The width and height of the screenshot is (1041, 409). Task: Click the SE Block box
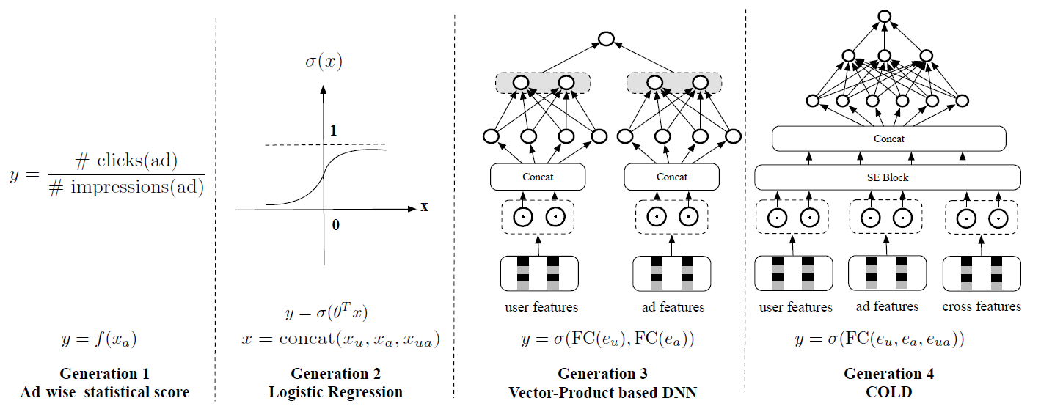tap(888, 177)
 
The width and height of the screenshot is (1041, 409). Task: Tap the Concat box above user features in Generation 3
tap(538, 177)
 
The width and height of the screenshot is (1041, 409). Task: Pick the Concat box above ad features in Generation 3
tap(672, 177)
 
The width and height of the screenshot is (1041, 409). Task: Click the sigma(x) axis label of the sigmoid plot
tap(324, 62)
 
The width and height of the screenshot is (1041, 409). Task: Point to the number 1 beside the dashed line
tap(335, 131)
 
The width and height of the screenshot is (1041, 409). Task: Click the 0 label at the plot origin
tap(336, 224)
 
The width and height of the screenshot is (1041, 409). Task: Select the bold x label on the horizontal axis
tap(424, 207)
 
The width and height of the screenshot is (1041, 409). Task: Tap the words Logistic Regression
tap(335, 392)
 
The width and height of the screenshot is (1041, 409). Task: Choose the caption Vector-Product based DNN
tap(602, 392)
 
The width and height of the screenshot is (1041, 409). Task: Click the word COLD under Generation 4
tap(888, 392)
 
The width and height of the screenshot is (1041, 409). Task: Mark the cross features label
tap(982, 306)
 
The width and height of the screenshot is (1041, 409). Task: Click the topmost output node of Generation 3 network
tap(605, 40)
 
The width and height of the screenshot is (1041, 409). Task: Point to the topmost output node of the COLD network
tap(885, 16)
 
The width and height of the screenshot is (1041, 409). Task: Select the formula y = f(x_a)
tap(99, 339)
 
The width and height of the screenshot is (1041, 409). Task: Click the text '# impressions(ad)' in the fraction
tap(126, 187)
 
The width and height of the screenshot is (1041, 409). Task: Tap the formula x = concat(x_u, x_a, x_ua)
tap(341, 339)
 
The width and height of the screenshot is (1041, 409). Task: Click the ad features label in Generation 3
tap(672, 307)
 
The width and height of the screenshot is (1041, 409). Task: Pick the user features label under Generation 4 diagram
tap(795, 306)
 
